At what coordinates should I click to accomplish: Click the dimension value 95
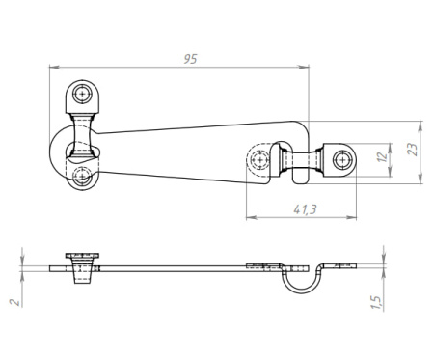pos(190,59)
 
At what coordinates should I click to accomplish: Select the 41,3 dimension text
pos(305,209)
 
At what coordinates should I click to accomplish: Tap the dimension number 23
pos(413,150)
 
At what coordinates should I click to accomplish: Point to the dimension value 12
pos(383,157)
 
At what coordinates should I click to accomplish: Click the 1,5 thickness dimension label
pos(376,303)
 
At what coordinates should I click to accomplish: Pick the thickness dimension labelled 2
pos(15,302)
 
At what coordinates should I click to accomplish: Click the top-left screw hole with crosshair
pos(82,94)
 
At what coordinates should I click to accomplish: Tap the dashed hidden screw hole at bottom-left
pos(82,176)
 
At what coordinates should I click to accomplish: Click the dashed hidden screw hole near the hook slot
pos(259,159)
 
